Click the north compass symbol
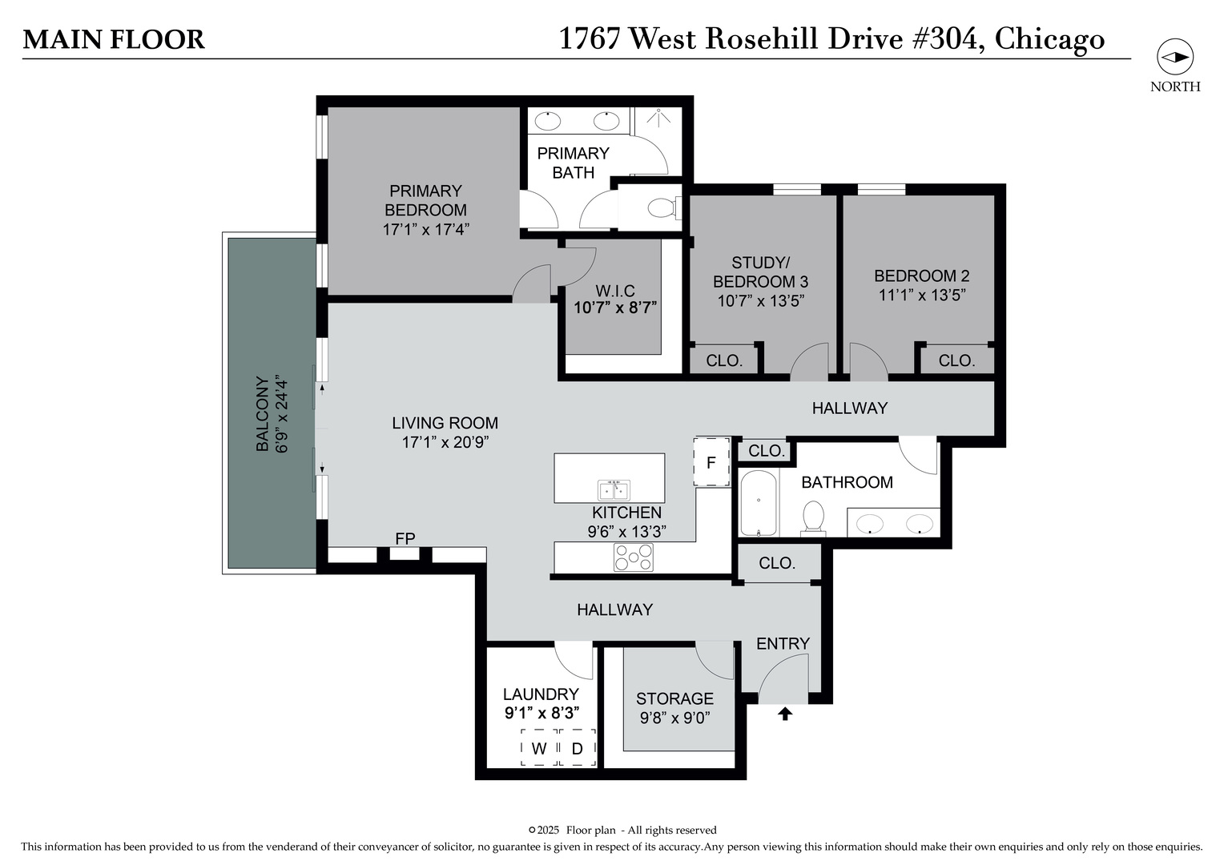(x=1175, y=58)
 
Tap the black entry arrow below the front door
(x=785, y=713)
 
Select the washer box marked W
(x=539, y=748)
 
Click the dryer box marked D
(x=577, y=748)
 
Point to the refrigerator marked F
(x=711, y=462)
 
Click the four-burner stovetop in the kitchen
(x=633, y=557)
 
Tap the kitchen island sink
(x=614, y=489)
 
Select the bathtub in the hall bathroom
(x=758, y=503)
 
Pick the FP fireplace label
(x=405, y=538)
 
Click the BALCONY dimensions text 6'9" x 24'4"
(x=281, y=414)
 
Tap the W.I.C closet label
(x=615, y=290)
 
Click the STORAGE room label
(x=674, y=698)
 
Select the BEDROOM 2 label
(x=921, y=276)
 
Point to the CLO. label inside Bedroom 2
(x=956, y=360)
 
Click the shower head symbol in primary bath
(x=658, y=117)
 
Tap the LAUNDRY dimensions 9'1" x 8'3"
(x=542, y=712)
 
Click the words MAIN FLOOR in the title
(x=114, y=39)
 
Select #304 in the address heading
(x=948, y=38)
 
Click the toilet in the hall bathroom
(x=814, y=517)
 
